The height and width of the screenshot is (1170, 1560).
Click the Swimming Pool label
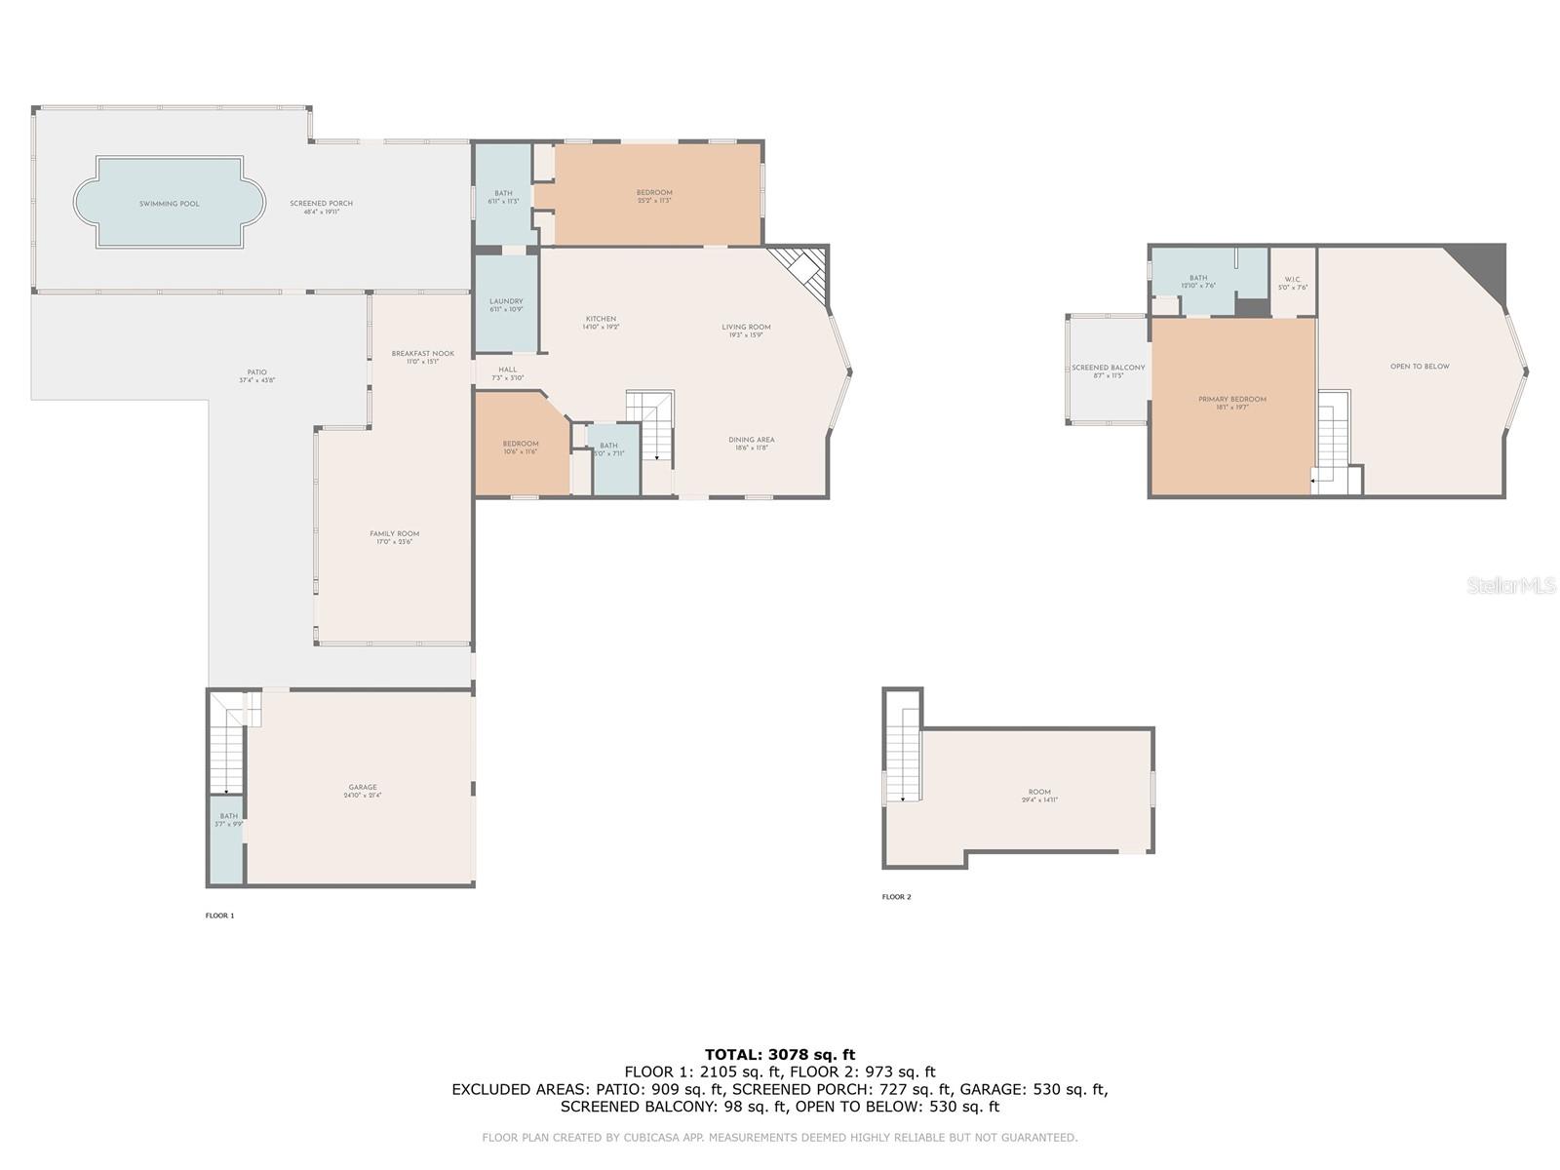pos(170,204)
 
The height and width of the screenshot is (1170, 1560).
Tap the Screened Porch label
pos(321,204)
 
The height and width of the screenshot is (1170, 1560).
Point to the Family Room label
pos(395,534)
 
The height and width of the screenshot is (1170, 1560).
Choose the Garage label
pos(363,788)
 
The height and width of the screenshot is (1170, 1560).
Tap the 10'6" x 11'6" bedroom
pos(521,447)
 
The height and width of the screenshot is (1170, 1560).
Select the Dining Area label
pos(751,440)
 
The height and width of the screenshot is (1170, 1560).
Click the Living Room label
pos(746,328)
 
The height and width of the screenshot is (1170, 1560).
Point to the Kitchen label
pos(601,320)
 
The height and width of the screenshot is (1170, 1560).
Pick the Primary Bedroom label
pos(1232,400)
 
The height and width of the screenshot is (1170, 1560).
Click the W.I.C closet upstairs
pos(1292,283)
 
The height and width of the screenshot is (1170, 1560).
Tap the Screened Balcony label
pos(1108,369)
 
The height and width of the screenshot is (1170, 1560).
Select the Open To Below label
pos(1420,367)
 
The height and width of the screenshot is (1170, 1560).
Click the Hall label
pos(507,370)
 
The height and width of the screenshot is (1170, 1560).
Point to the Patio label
pos(256,372)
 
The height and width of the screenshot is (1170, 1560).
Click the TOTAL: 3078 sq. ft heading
pos(779,1054)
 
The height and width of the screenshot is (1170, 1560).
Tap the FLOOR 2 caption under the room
pos(896,897)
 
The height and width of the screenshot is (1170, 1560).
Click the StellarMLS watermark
pos(1511,585)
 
